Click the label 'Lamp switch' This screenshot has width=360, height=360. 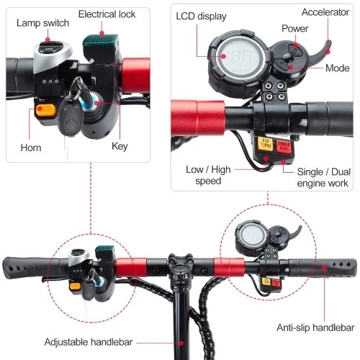coord(42,23)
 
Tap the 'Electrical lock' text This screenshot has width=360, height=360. coord(107,14)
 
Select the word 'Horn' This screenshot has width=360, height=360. coord(31,148)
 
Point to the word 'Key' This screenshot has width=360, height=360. coord(120,146)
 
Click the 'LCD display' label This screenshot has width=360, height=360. coord(201,17)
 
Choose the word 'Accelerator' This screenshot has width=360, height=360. coord(325,12)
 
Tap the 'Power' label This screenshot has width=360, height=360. coord(294,29)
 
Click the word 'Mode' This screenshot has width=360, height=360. coord(337,68)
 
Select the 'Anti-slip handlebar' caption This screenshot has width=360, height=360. coord(315,328)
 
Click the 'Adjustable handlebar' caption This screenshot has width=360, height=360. coord(89,342)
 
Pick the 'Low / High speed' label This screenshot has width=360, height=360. coord(208,175)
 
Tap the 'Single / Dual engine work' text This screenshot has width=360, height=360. coord(323,178)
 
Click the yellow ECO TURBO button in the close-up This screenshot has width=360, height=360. coord(266,144)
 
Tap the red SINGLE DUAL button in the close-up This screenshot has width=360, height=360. coord(284,147)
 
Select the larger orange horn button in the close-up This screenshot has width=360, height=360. coord(45,110)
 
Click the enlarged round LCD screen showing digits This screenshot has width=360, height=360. coord(238,58)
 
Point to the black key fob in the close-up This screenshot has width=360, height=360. coord(71,121)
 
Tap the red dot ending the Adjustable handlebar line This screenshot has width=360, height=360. coord(181,343)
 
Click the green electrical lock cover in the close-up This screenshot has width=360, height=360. coord(101,41)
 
